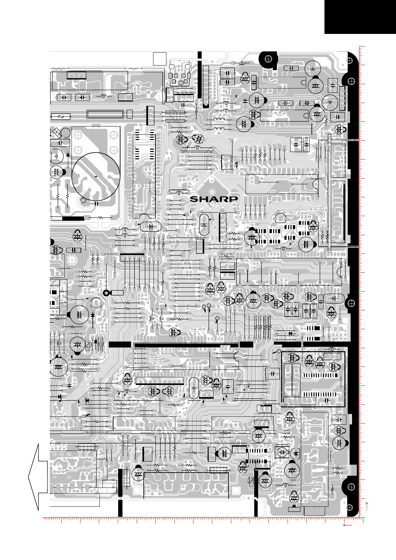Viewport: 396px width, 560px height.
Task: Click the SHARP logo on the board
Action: [x=214, y=199]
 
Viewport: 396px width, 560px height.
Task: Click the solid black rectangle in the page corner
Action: [x=360, y=17]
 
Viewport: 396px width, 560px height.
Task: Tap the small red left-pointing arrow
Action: [x=347, y=525]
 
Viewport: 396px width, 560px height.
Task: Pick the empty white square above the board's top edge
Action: [x=160, y=59]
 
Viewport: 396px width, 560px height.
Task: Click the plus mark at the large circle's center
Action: [x=96, y=177]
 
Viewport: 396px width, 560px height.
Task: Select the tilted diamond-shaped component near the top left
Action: [x=57, y=132]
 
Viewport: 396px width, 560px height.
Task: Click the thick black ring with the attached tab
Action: [x=106, y=293]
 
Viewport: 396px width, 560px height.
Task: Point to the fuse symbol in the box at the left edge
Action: [x=61, y=117]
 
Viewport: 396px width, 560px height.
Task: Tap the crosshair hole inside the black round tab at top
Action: [x=268, y=59]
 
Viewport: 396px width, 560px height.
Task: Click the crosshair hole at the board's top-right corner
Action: [x=349, y=61]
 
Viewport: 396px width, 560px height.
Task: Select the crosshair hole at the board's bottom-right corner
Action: [x=349, y=507]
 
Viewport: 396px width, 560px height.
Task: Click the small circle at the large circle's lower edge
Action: [x=83, y=201]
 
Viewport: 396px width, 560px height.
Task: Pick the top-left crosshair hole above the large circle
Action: [x=78, y=135]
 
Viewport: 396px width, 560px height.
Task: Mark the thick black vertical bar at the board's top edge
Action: [x=199, y=75]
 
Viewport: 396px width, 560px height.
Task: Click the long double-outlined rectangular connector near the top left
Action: [x=105, y=114]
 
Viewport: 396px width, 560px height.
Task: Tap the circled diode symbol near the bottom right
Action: [x=296, y=453]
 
